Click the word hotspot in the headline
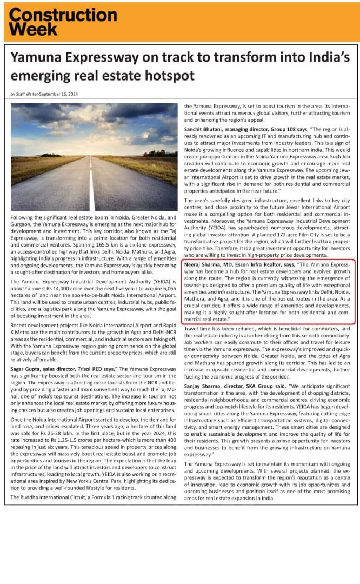click(168, 75)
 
